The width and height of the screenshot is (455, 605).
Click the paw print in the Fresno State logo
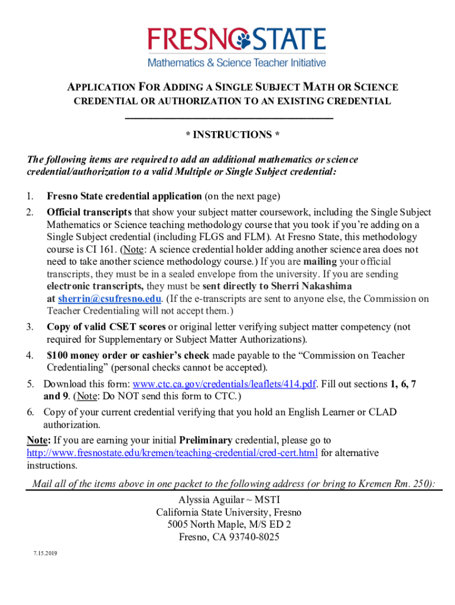[244, 40]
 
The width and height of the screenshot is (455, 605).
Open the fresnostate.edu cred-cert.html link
[173, 453]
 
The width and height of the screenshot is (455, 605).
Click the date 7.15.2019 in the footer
[45, 554]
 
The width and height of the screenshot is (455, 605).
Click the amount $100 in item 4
[58, 356]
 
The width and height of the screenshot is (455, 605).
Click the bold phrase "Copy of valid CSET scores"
[106, 327]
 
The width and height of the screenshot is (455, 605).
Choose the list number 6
[30, 412]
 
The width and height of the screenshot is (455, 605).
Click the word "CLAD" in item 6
[383, 412]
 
